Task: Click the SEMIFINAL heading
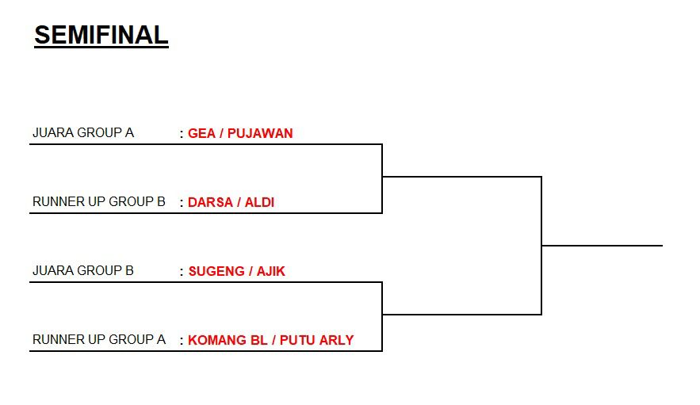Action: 101,36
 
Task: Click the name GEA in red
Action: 201,133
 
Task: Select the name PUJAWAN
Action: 260,133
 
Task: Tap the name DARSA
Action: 208,202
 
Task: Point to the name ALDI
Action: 259,202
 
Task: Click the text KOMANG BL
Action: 216,340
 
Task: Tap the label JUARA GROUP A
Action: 82,132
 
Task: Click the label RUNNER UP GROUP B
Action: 98,201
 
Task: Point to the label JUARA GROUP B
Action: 82,270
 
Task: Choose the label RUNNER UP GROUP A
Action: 98,339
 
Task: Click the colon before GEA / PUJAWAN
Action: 182,134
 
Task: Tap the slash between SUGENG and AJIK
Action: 251,271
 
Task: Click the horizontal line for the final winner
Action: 602,246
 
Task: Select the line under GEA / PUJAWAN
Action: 206,144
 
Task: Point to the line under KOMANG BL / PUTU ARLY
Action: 206,351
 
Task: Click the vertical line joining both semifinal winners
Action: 541,246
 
